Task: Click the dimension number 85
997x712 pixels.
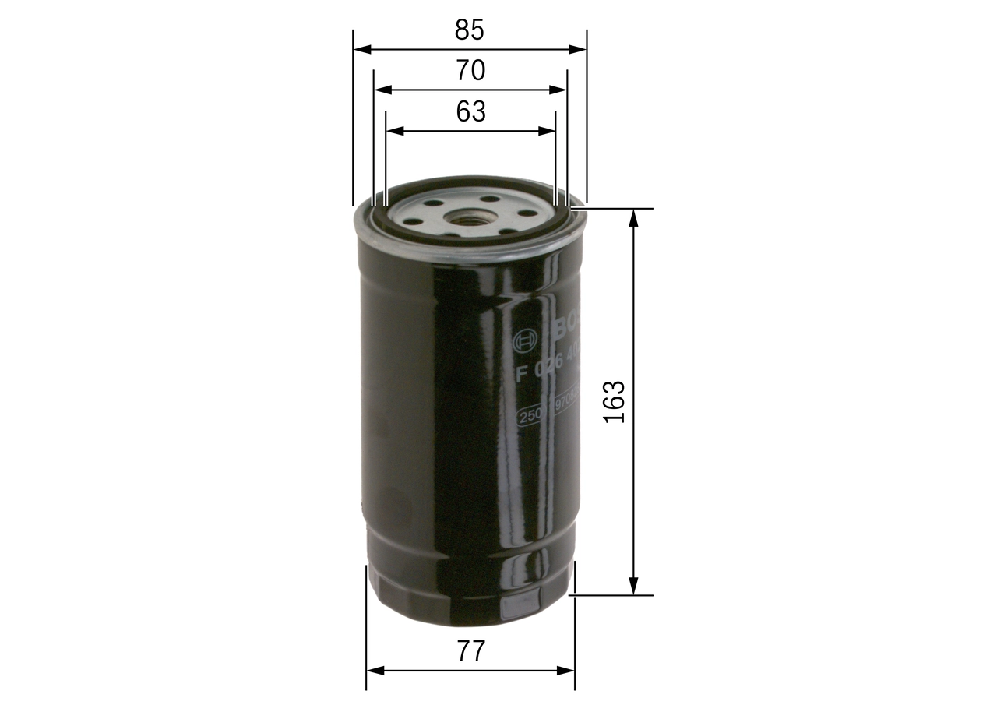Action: pyautogui.click(x=470, y=30)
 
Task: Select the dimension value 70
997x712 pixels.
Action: pyautogui.click(x=470, y=71)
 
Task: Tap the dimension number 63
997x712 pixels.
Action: pyautogui.click(x=470, y=112)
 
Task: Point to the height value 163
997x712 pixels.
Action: pyautogui.click(x=615, y=402)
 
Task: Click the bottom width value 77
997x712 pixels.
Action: pyautogui.click(x=470, y=651)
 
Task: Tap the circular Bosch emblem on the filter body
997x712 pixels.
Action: pyautogui.click(x=525, y=340)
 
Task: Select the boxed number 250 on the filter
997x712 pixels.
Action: pyautogui.click(x=531, y=416)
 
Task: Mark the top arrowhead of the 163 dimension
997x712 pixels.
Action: pyautogui.click(x=634, y=216)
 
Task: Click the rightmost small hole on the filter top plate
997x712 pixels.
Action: pyautogui.click(x=524, y=213)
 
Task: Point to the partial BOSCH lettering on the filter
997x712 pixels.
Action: pyautogui.click(x=567, y=327)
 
